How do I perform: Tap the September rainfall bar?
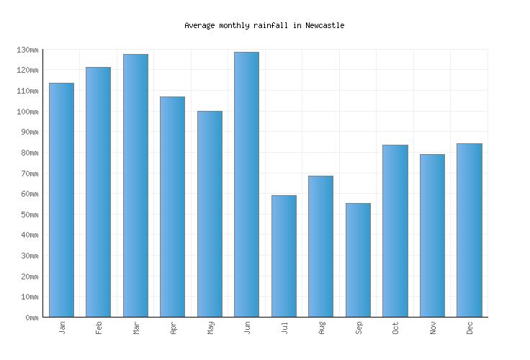[x=358, y=260]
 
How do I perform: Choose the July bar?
[x=284, y=256]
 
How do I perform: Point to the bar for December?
[x=469, y=230]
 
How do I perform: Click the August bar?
[x=320, y=246]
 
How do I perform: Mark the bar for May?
[x=210, y=214]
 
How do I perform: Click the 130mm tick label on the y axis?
[x=27, y=50]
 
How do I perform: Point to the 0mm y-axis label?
[x=32, y=318]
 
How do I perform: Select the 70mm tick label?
[x=30, y=174]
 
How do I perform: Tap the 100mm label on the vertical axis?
[x=27, y=112]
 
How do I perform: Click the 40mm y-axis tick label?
[x=30, y=235]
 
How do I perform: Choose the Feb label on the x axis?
[x=99, y=328]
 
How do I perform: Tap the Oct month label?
[x=395, y=328]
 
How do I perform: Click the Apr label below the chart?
[x=173, y=328]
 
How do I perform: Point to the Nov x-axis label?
[x=433, y=328]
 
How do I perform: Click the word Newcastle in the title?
[x=325, y=25]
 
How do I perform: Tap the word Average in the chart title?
[x=199, y=25]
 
